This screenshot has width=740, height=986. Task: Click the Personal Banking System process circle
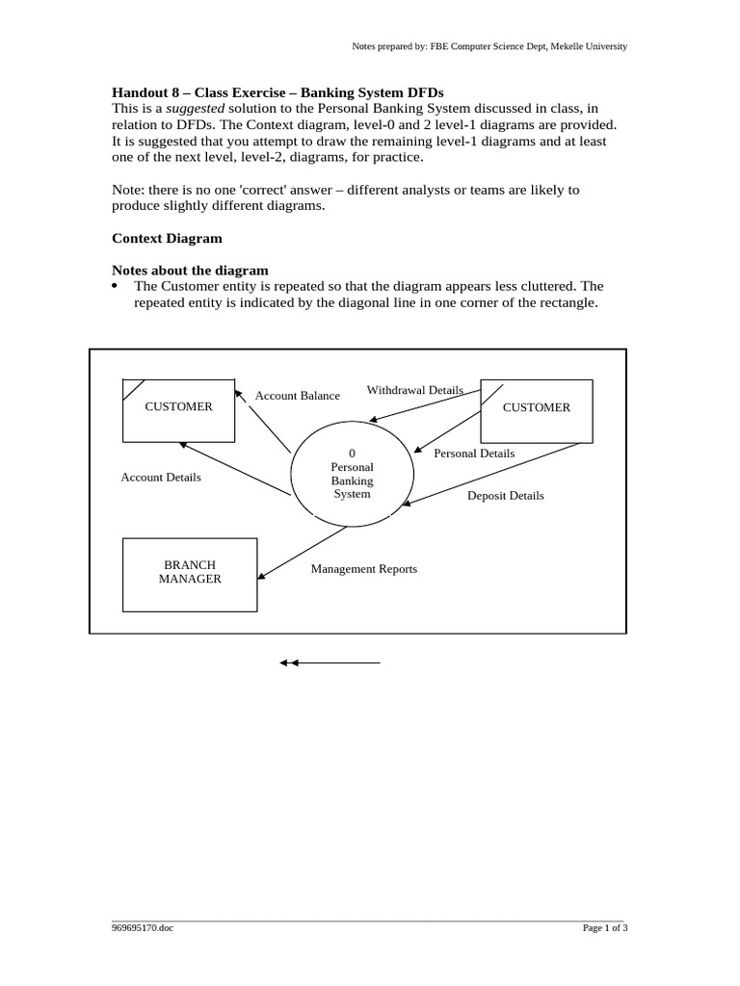coord(352,474)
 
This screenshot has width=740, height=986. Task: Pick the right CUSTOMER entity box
coord(537,408)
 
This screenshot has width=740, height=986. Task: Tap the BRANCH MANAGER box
coord(190,573)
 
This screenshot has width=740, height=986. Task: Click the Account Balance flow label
coord(297,396)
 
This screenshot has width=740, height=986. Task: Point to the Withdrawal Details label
coord(414,390)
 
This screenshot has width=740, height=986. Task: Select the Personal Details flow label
coord(474,454)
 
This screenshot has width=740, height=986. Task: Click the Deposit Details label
coord(505,496)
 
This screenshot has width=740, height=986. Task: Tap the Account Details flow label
coord(161,478)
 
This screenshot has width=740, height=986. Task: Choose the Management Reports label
coord(363,569)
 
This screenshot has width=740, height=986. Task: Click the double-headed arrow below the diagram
coord(330,662)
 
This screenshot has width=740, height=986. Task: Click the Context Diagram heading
coord(167,238)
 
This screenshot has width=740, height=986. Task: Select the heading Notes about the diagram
coord(190,271)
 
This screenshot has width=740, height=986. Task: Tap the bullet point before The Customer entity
coord(117,286)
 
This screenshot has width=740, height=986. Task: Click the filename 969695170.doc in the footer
coord(143,928)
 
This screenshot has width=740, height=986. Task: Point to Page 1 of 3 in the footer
coord(605,928)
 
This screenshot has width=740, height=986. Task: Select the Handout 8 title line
coord(277,93)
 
